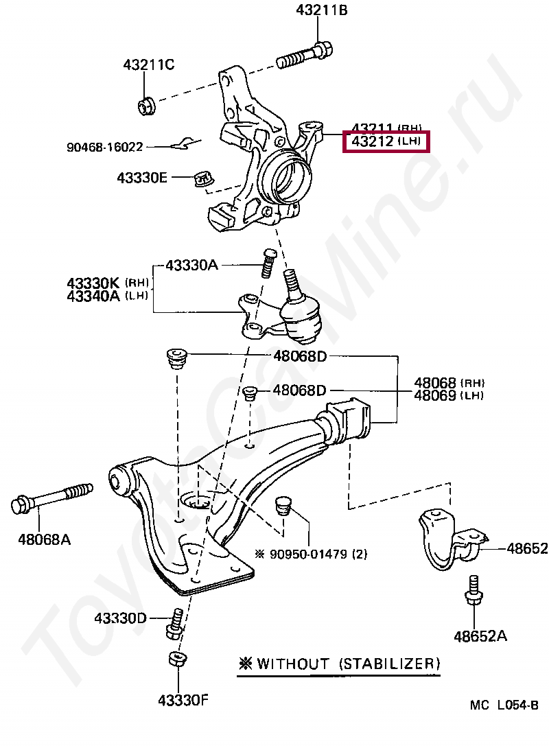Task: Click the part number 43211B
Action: coord(322,10)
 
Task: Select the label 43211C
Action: coord(149,65)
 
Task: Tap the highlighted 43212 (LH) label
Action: coord(387,142)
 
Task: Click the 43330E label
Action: coord(142,178)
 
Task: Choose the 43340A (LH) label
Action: coord(108,296)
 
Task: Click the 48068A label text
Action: coord(44,539)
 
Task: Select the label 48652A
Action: coord(480,636)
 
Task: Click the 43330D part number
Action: coord(121,618)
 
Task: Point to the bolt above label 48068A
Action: coord(51,500)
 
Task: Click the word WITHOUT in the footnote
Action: coord(293,664)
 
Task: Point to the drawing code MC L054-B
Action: coord(504,705)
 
